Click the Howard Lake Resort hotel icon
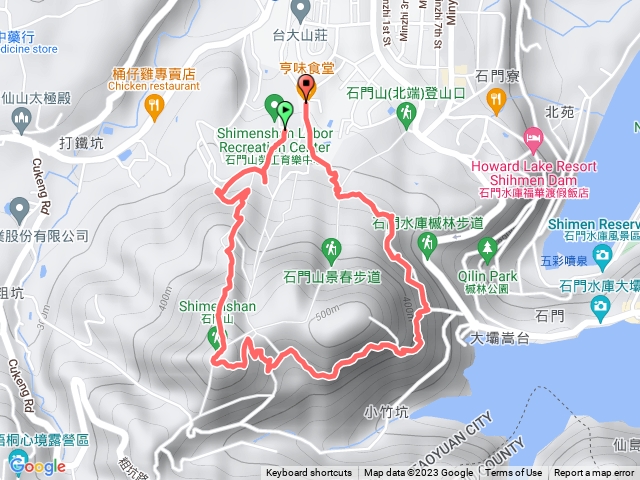(x=534, y=137)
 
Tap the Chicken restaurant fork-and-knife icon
(x=153, y=103)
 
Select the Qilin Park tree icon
(x=488, y=246)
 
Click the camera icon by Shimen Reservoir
(x=603, y=258)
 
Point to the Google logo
(x=35, y=465)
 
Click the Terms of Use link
(x=514, y=473)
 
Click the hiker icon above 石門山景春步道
(x=331, y=247)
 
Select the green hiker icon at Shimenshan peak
(x=215, y=338)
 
